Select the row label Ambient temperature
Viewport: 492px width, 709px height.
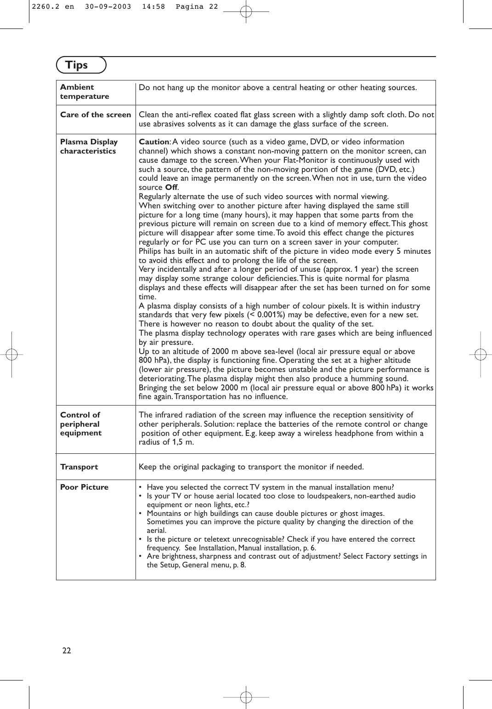coord(85,92)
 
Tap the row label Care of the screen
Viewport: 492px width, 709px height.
coord(96,115)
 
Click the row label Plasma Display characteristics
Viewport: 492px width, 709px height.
coord(89,147)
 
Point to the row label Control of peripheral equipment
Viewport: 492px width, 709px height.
coord(81,424)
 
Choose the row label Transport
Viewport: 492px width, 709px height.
coord(79,467)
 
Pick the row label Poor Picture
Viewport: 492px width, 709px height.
coord(84,487)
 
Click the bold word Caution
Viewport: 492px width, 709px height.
coord(154,142)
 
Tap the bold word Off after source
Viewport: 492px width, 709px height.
coord(171,188)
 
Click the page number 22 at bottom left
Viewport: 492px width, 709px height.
coord(67,651)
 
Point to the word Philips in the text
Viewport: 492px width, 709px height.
coord(150,252)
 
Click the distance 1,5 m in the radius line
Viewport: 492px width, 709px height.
coord(183,442)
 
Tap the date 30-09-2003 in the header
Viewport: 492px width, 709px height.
coord(108,7)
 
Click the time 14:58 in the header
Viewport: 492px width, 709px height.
coord(153,7)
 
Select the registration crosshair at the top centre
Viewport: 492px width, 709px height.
coord(246,11)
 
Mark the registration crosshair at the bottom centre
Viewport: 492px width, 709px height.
coord(246,698)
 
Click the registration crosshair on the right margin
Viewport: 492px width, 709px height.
coord(481,354)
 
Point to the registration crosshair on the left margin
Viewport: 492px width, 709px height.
coord(11,354)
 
